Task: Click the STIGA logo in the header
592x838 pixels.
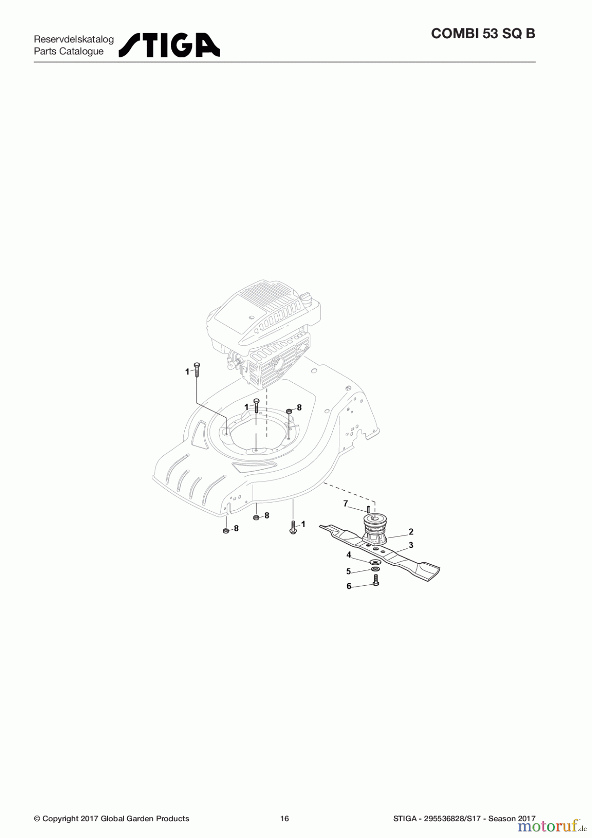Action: [169, 45]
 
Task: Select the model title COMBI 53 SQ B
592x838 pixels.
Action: [483, 34]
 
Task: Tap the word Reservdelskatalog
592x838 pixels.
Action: [74, 39]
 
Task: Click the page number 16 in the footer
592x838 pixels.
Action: [284, 818]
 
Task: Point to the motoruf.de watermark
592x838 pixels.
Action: [550, 826]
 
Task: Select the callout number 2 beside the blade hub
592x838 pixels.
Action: [411, 532]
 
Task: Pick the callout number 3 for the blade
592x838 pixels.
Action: [411, 545]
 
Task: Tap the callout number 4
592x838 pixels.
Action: [349, 555]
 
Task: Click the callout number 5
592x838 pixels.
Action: [349, 571]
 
